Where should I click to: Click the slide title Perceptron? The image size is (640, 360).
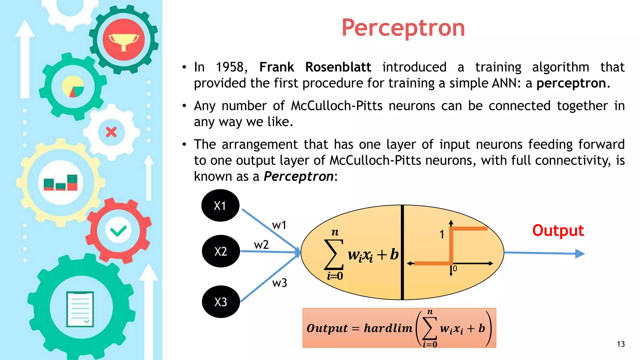pyautogui.click(x=403, y=28)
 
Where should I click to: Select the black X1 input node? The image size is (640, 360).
pyautogui.click(x=220, y=206)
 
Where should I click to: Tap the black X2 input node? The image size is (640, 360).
pyautogui.click(x=221, y=251)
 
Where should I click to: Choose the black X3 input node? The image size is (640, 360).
pyautogui.click(x=221, y=302)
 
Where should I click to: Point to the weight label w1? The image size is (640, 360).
pyautogui.click(x=279, y=225)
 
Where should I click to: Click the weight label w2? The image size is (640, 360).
pyautogui.click(x=261, y=245)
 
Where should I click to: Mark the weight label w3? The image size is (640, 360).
pyautogui.click(x=279, y=283)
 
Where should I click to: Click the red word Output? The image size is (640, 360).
pyautogui.click(x=558, y=231)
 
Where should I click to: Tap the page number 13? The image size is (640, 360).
pyautogui.click(x=621, y=344)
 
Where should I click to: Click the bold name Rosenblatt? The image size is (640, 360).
pyautogui.click(x=338, y=67)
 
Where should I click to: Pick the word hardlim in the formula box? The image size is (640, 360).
pyautogui.click(x=388, y=328)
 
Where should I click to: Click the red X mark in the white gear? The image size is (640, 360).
pyautogui.click(x=111, y=132)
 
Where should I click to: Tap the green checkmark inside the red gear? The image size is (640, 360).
pyautogui.click(x=118, y=231)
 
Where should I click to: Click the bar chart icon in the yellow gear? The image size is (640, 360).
pyautogui.click(x=61, y=182)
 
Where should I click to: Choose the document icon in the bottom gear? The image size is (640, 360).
pyautogui.click(x=80, y=309)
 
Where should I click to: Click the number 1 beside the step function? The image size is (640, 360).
pyautogui.click(x=442, y=234)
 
